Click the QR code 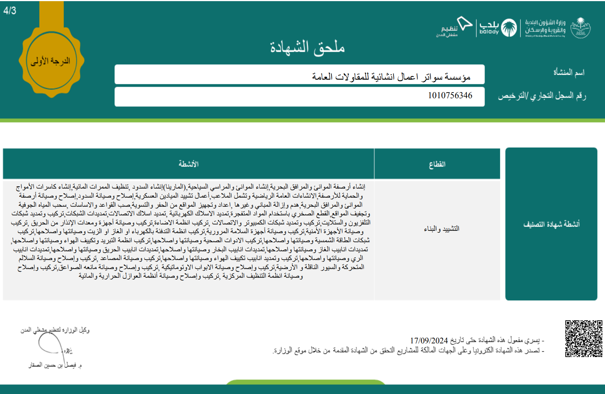click(x=583, y=338)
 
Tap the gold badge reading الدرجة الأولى click(x=51, y=61)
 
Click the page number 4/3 click(x=10, y=11)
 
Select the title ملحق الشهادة click(x=307, y=48)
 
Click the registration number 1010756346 click(x=450, y=96)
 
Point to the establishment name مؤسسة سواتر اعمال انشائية click(x=391, y=77)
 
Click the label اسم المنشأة click(x=569, y=72)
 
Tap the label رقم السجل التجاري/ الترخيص click(x=542, y=96)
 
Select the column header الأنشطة click(x=188, y=164)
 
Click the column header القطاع click(x=437, y=164)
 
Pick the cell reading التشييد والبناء click(x=441, y=229)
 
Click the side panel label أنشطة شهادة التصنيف click(x=551, y=224)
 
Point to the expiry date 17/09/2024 click(x=429, y=341)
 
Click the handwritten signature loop click(x=50, y=343)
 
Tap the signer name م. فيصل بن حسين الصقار click(x=55, y=365)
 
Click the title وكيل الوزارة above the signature click(x=55, y=330)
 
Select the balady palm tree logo click(x=509, y=28)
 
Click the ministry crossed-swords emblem click(x=580, y=28)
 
